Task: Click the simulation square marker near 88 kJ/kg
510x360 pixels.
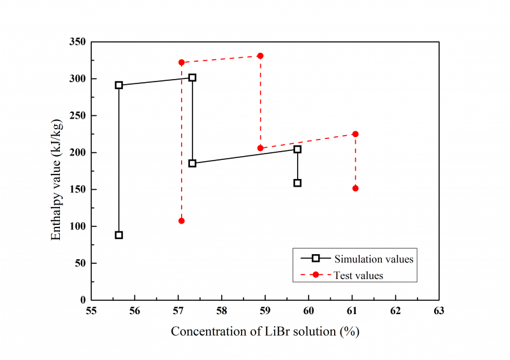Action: pyautogui.click(x=119, y=235)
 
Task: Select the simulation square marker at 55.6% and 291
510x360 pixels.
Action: pyautogui.click(x=119, y=85)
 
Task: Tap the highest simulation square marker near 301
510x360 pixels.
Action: pyautogui.click(x=193, y=78)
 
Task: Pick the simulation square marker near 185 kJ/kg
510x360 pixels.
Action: pyautogui.click(x=193, y=163)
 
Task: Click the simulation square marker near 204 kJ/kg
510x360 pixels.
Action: pyautogui.click(x=297, y=149)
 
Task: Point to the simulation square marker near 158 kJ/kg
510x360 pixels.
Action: pyautogui.click(x=297, y=183)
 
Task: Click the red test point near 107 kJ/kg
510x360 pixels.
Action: pyautogui.click(x=182, y=220)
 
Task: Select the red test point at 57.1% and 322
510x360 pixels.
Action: pyautogui.click(x=182, y=62)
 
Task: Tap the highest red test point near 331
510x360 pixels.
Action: pyautogui.click(x=260, y=56)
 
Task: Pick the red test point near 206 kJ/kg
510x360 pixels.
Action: pyautogui.click(x=260, y=148)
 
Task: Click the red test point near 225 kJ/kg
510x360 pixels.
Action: pyautogui.click(x=355, y=134)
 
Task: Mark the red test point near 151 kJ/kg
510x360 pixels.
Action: pyautogui.click(x=355, y=188)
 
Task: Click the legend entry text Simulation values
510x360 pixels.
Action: pyautogui.click(x=374, y=259)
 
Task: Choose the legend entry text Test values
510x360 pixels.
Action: pyautogui.click(x=358, y=275)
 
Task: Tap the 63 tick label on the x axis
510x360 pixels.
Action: pyautogui.click(x=439, y=312)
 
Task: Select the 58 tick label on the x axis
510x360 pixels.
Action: pyautogui.click(x=221, y=312)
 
